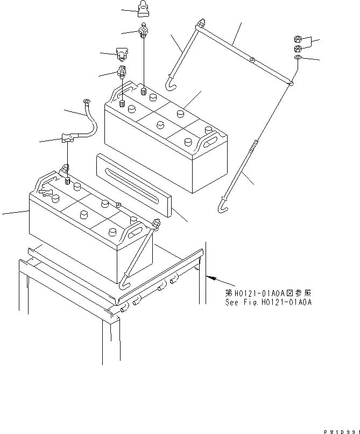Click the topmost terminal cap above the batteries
click(143, 9)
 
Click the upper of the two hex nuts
click(298, 39)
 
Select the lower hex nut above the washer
click(298, 49)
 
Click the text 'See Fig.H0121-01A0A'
click(268, 302)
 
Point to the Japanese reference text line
click(268, 293)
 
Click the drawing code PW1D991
click(341, 431)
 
